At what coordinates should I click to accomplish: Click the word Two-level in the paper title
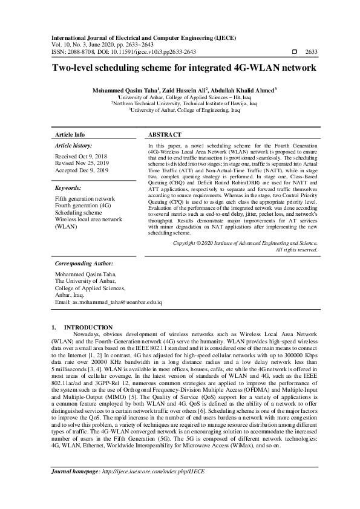[x=73, y=68]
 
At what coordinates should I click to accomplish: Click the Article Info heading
[x=70, y=134]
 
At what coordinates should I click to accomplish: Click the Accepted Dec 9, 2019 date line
[x=82, y=171]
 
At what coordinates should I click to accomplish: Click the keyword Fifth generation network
[x=85, y=199]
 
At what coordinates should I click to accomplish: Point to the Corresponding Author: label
[x=84, y=264]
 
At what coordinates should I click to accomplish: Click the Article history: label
[x=74, y=146]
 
